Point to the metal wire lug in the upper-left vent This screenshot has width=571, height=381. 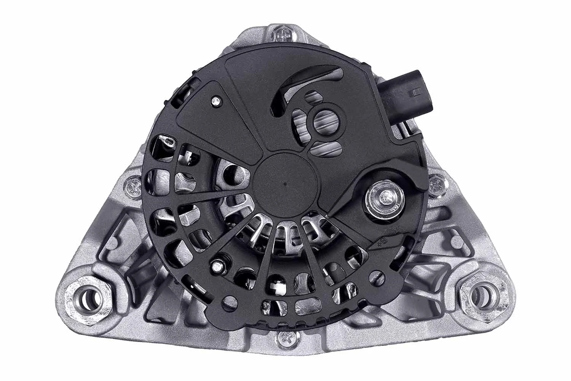pos(167,142)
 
